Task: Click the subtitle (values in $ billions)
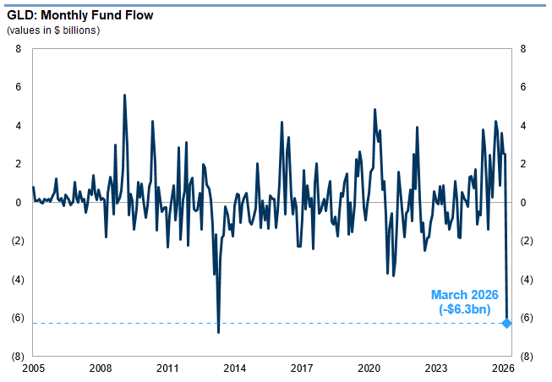click(53, 30)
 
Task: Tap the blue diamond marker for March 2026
click(506, 323)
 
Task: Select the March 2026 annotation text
click(465, 295)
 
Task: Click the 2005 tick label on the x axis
click(33, 368)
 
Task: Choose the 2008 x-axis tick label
click(101, 368)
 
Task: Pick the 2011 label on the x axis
click(167, 368)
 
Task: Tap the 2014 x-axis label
click(235, 368)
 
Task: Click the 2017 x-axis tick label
click(302, 368)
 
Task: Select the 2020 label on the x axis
click(369, 368)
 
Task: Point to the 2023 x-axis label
click(436, 368)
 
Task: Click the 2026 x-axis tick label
click(504, 368)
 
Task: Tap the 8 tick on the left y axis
click(18, 49)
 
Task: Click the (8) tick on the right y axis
click(527, 357)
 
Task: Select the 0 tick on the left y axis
click(18, 203)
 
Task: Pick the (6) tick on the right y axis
click(527, 318)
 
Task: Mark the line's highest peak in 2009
click(125, 95)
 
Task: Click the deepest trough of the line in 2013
click(219, 332)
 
